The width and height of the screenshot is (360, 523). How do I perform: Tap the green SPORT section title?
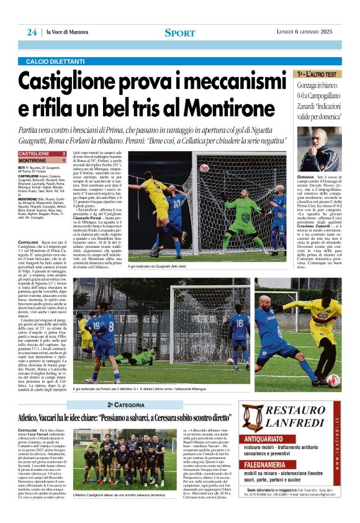(x=179, y=32)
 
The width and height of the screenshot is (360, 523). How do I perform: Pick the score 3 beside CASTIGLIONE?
(x=64, y=153)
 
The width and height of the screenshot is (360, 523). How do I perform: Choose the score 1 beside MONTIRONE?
(x=64, y=160)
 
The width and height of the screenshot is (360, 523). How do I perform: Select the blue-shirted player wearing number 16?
(x=240, y=329)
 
